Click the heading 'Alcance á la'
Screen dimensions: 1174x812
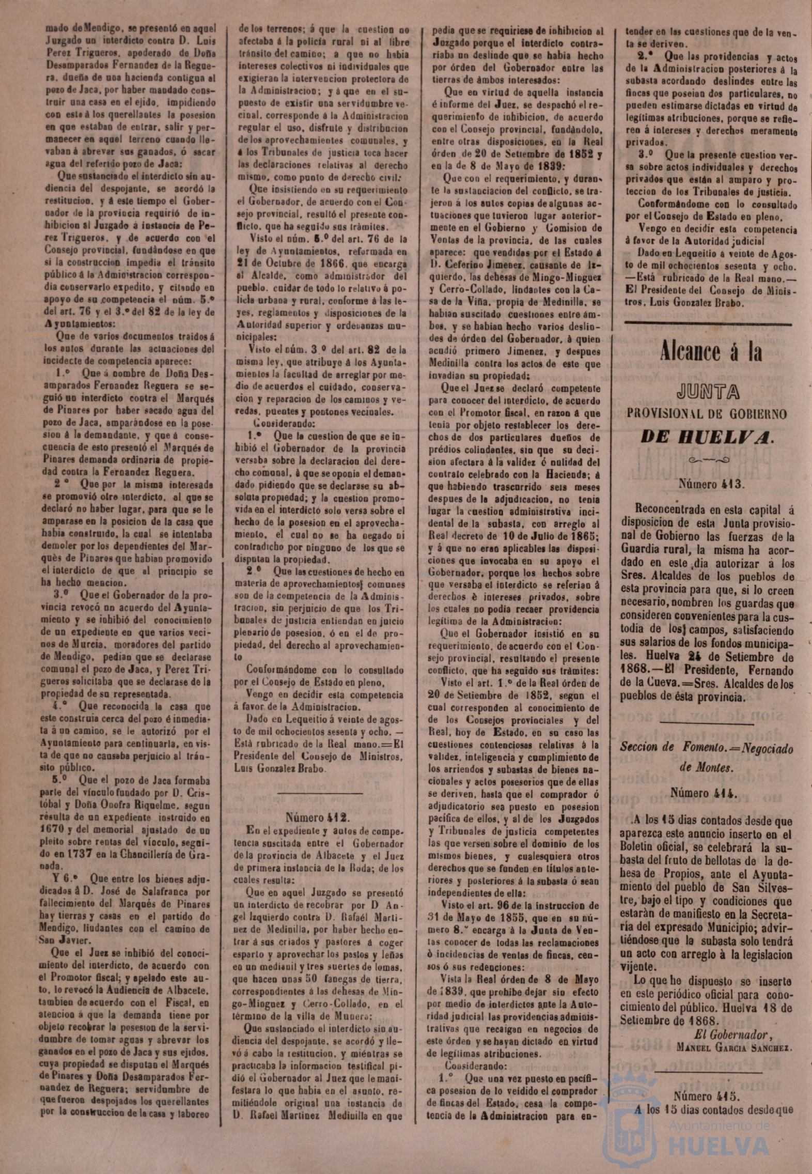(710, 353)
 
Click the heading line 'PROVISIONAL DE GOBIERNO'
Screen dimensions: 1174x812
(708, 414)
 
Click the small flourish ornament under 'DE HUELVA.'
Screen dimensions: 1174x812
(708, 459)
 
